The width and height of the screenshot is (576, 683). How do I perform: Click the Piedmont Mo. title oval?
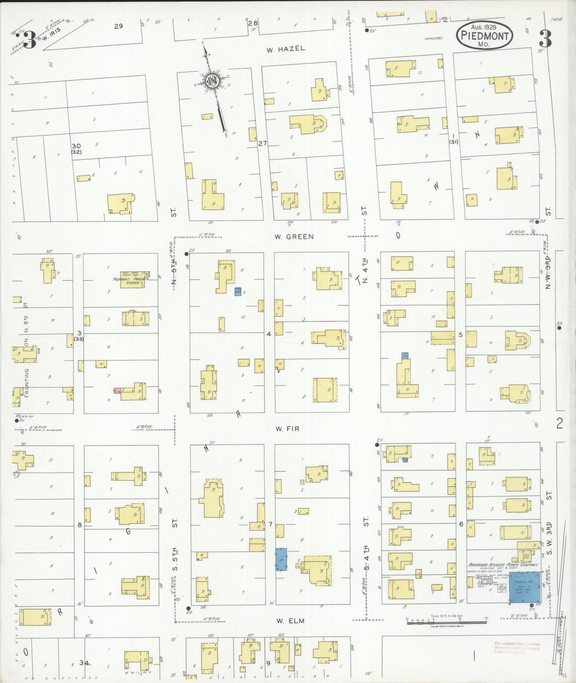pos(484,35)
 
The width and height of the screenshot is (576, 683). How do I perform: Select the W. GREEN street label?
pos(294,237)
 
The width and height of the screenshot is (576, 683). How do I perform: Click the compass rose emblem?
pos(213,81)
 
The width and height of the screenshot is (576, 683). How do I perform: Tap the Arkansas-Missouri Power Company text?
pos(503,565)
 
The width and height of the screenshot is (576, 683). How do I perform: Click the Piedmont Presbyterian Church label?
pos(130,281)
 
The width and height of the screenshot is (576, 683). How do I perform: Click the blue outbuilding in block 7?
pos(281,559)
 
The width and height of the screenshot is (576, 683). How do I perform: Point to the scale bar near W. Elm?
pos(446,622)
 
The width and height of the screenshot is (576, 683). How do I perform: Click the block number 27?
pos(262,143)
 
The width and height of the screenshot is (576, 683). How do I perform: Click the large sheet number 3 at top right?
pos(545,38)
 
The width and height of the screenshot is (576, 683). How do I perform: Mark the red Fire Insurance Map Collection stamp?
pos(517,648)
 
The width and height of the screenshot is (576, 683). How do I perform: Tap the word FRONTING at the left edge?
pos(27,383)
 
